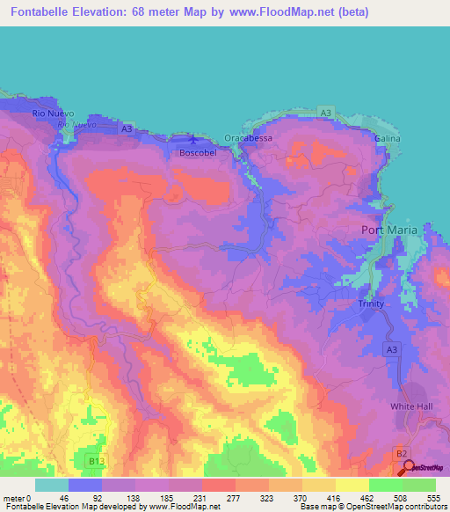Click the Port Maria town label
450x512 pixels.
[391, 230]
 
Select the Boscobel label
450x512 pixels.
[198, 152]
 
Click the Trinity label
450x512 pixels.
[372, 303]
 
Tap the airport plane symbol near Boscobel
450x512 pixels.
[194, 138]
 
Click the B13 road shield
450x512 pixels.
[96, 460]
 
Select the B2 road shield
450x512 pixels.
[402, 453]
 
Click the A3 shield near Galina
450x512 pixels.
[326, 113]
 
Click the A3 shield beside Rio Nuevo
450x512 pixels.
[127, 129]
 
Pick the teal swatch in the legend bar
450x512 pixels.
[52, 485]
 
